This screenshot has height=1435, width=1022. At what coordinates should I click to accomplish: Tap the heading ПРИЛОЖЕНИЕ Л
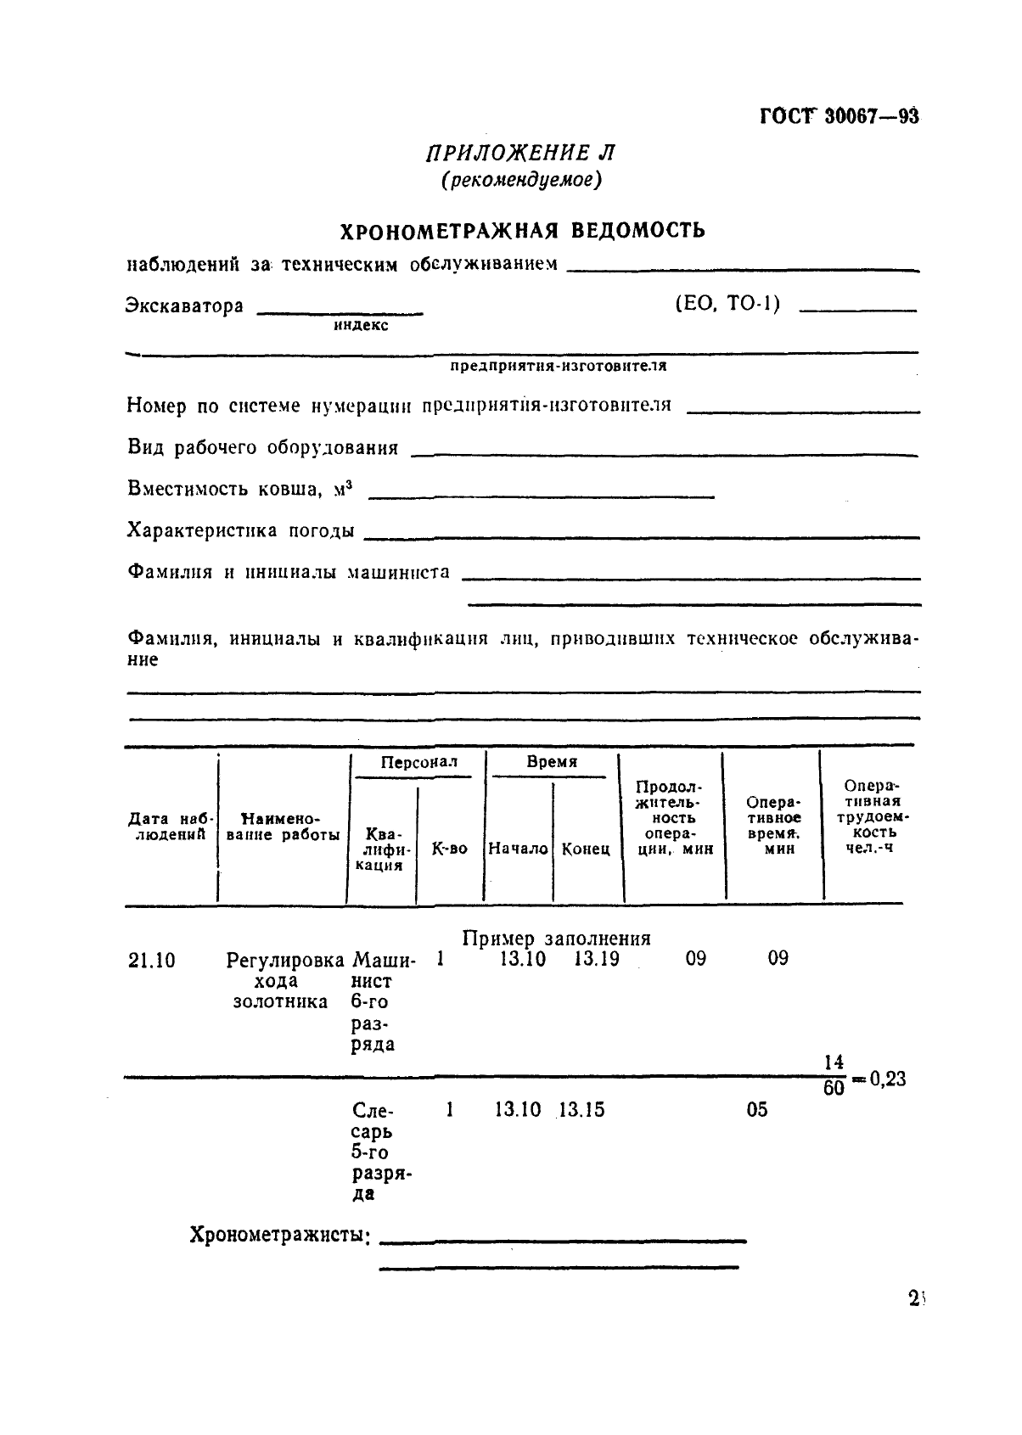pos(520,153)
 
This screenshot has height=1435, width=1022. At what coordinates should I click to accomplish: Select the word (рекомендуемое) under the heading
pos(520,180)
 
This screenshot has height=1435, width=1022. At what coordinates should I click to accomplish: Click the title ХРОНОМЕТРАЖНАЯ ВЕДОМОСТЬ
pos(522,231)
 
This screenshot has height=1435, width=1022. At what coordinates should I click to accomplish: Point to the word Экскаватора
pos(185,305)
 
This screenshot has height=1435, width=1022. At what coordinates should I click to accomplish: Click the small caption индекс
pos(361,326)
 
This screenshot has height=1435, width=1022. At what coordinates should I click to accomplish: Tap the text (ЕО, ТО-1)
pos(727,304)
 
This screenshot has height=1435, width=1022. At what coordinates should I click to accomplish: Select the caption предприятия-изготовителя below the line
pos(558,367)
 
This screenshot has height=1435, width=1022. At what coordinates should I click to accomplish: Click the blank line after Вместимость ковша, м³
pos(541,496)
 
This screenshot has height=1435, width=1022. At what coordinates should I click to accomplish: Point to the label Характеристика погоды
pos(240,531)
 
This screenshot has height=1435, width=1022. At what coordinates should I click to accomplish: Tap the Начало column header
pos(518,849)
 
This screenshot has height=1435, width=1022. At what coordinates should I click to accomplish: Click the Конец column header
pos(586,849)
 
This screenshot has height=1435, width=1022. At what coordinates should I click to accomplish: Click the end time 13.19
pos(596,959)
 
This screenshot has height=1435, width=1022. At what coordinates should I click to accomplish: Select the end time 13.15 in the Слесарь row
pos(581,1110)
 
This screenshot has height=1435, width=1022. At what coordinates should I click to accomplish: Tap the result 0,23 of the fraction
pos(886,1079)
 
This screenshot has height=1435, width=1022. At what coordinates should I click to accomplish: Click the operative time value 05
pos(756,1110)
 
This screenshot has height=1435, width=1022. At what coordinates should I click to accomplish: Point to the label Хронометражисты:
pos(280,1235)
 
